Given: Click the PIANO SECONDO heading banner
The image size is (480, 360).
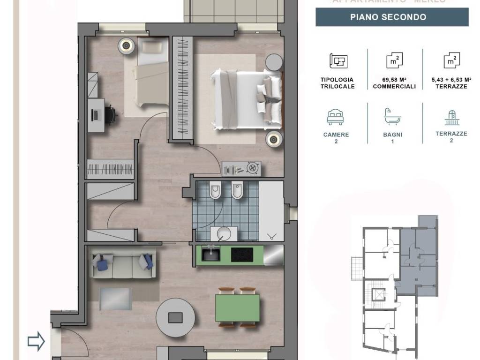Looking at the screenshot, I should point(392,17).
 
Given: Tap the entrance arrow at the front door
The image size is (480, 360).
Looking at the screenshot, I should point(36,341).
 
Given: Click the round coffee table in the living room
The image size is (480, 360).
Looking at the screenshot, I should point(175,317).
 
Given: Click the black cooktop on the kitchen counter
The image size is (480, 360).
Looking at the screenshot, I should point(242,255).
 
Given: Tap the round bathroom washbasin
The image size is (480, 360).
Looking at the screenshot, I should point(225,232).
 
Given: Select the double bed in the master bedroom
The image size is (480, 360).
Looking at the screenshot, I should point(246,99).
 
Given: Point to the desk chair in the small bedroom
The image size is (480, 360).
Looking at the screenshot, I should point(110,114).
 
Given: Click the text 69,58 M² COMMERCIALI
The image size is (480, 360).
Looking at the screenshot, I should point(394,83).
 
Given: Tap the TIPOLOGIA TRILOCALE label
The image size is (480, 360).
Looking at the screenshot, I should point(337,83).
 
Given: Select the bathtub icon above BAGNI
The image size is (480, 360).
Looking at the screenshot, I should point(392,116).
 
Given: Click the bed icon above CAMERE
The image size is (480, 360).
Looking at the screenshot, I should point(336,117).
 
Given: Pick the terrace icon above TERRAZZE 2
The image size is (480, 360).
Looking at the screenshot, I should point(451,116).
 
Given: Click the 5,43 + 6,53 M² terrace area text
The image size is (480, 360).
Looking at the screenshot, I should point(451,83).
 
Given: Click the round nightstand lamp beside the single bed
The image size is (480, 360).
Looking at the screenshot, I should point(126,45).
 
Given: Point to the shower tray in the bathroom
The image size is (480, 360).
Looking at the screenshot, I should point(271,211).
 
